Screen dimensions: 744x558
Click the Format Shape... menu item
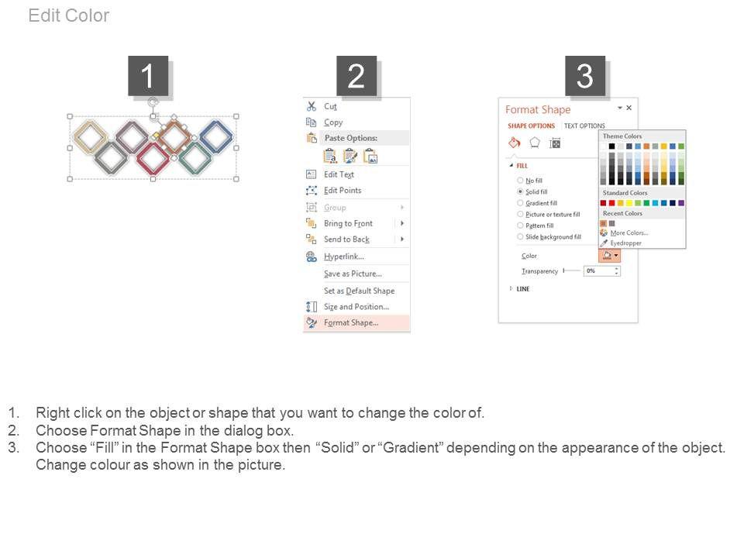point(351,322)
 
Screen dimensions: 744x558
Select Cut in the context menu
point(330,106)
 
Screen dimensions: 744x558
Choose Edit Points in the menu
point(343,191)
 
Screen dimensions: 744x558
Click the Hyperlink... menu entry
point(344,257)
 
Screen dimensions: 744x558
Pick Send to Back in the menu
point(346,239)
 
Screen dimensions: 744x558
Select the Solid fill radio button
point(520,191)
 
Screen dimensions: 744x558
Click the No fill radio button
point(520,181)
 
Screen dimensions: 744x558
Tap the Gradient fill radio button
point(520,203)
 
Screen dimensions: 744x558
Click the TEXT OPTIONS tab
point(584,126)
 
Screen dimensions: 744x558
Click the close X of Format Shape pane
point(629,108)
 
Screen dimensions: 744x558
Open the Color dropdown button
point(610,256)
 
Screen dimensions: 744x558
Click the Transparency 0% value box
point(601,271)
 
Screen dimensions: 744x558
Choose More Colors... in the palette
point(629,233)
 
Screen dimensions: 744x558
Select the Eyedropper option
point(626,243)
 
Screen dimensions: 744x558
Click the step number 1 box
point(148,76)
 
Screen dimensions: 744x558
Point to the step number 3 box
point(584,76)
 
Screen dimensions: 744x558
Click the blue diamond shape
point(216,136)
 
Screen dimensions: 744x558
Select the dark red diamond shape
point(153,158)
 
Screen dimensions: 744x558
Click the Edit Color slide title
point(69,15)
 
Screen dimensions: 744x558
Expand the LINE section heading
point(523,288)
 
